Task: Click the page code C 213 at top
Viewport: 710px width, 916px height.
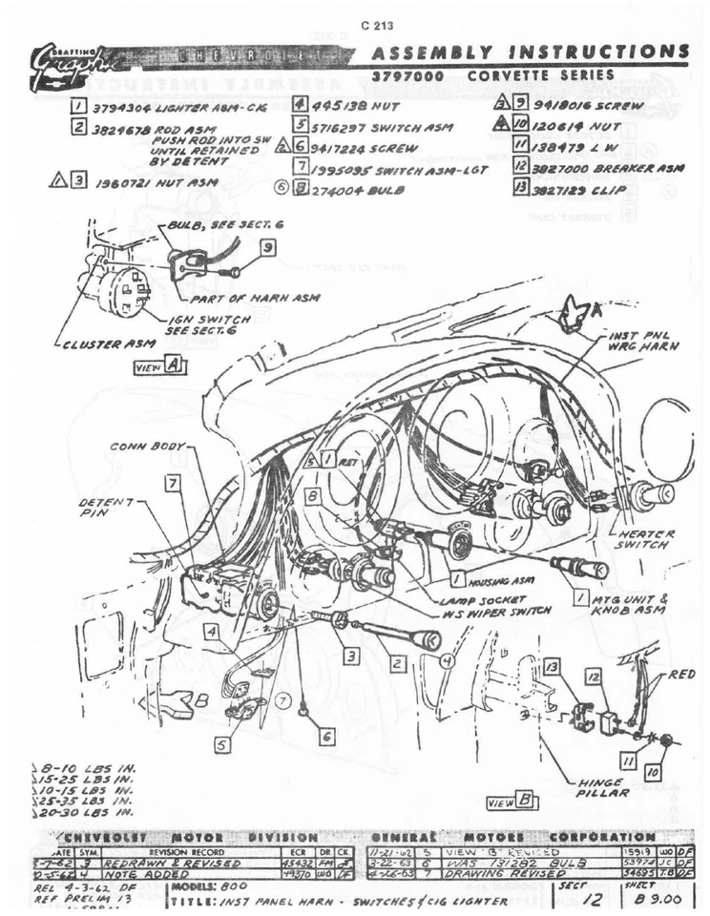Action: (x=379, y=26)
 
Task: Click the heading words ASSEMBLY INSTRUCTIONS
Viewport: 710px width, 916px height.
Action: (x=530, y=52)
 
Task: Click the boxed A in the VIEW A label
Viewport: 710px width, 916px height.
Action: (x=173, y=364)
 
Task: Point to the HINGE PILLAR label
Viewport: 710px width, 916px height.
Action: (x=603, y=787)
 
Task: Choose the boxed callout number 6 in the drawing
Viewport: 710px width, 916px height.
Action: (x=326, y=736)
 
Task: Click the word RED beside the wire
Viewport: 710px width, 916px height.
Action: (x=681, y=674)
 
